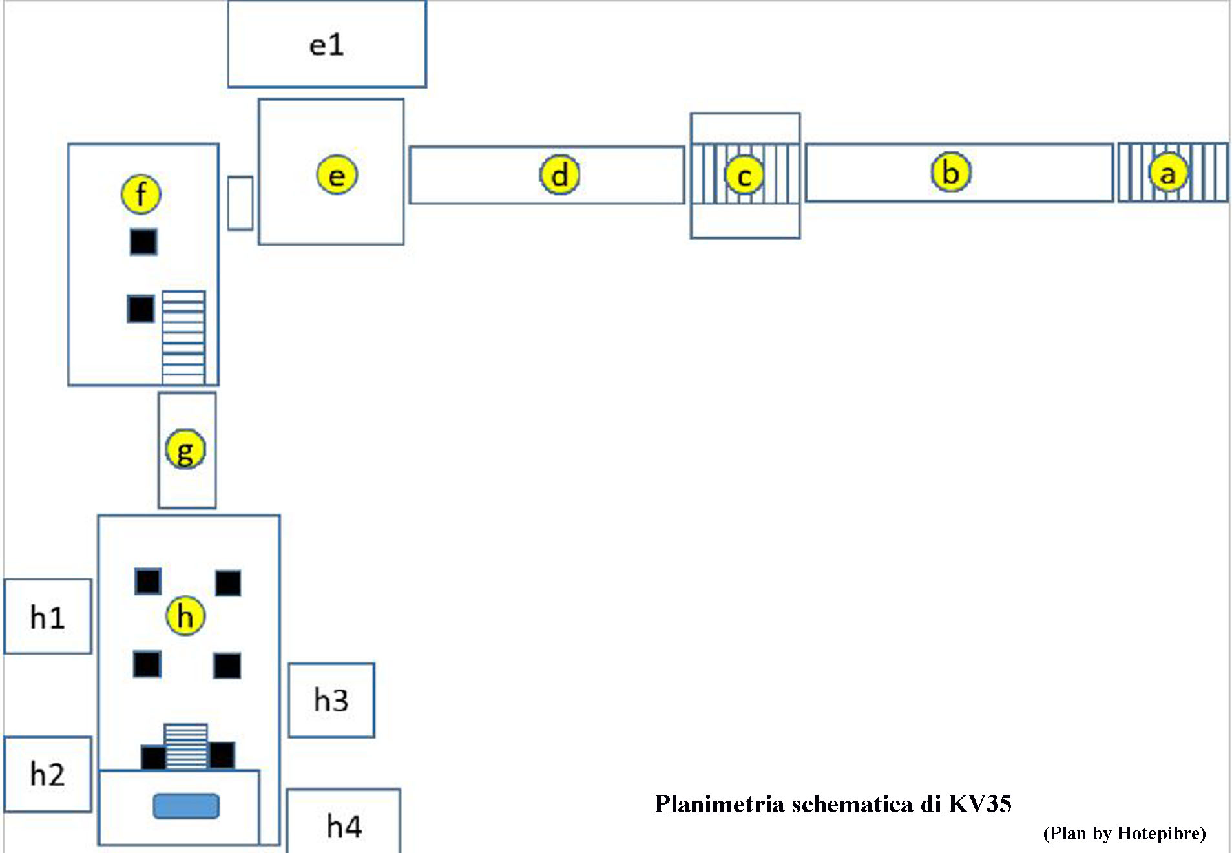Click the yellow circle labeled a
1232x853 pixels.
point(1168,173)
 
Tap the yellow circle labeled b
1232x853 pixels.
point(950,173)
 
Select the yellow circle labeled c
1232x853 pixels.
point(744,175)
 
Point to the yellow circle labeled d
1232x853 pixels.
point(559,174)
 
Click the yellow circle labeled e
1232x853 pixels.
point(337,175)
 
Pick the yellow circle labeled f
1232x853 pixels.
point(141,194)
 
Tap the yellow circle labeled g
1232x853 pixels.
point(185,450)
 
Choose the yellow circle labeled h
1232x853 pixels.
point(185,616)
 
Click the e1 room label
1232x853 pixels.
point(327,45)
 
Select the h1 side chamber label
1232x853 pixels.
point(48,618)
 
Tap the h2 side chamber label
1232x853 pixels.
point(48,774)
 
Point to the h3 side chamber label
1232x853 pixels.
point(331,700)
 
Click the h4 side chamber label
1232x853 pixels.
point(344,827)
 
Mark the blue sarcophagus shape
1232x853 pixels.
point(186,806)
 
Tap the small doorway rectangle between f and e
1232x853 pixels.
point(240,203)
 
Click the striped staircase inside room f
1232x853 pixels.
point(183,337)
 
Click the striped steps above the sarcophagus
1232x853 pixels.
point(186,746)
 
